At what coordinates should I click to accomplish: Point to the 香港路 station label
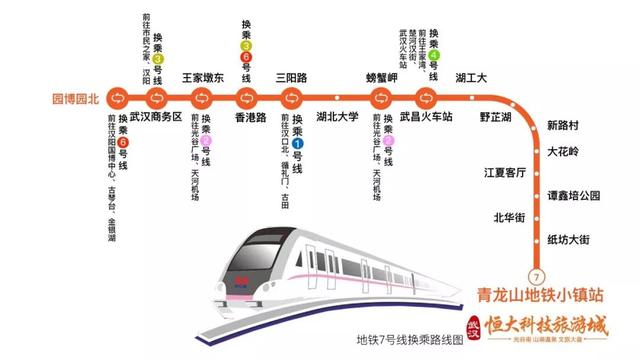click(251, 118)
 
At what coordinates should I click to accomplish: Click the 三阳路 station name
click(292, 77)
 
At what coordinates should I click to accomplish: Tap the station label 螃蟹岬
click(382, 77)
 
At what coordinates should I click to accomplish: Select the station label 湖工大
click(470, 77)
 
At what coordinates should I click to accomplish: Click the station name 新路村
click(564, 127)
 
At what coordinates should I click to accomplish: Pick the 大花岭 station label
click(564, 151)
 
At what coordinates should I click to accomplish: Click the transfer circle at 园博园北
click(117, 97)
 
